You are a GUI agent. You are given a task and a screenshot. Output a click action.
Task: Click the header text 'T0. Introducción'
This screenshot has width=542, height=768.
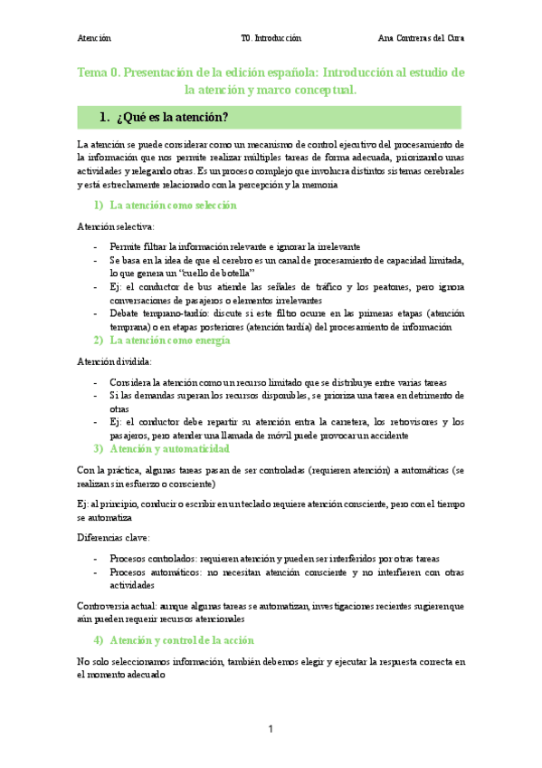point(271,39)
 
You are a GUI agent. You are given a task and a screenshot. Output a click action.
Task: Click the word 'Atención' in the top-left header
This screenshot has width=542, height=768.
point(94,39)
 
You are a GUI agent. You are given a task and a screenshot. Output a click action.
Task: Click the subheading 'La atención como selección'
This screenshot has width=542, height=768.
point(173,206)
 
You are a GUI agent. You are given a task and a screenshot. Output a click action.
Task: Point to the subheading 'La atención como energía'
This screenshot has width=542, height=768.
point(169,341)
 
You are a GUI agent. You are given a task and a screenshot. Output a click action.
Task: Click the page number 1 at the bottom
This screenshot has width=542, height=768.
point(270,730)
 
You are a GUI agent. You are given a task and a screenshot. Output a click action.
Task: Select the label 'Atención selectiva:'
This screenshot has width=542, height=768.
point(116,226)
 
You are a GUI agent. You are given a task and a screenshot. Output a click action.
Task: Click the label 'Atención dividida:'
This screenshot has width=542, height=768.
point(114,361)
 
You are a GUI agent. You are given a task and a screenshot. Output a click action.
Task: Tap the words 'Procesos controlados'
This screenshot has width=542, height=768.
point(151,558)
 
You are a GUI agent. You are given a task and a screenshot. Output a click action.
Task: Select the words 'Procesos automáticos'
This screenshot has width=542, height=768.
point(152,572)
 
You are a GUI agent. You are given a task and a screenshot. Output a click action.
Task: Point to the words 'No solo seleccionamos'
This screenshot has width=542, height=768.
point(128,662)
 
